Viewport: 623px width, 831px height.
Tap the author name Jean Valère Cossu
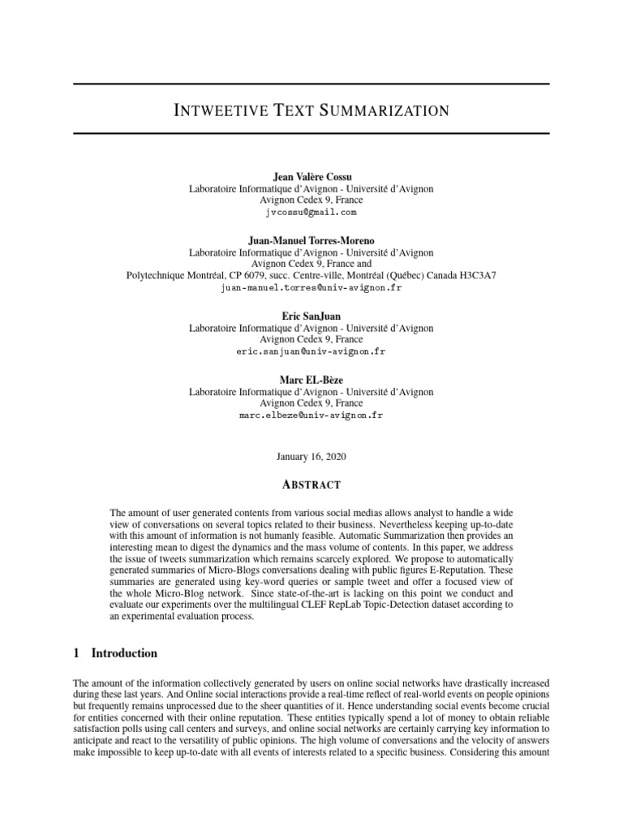click(311, 176)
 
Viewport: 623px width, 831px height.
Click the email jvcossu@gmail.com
click(311, 212)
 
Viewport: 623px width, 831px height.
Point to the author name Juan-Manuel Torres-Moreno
click(311, 240)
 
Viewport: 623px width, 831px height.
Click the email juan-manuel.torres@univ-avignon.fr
click(311, 287)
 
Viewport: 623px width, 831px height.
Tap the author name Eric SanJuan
click(311, 316)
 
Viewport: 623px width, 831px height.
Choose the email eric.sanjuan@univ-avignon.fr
click(311, 351)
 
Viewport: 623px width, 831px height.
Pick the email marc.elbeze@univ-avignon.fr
click(311, 415)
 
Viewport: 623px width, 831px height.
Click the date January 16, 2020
click(311, 457)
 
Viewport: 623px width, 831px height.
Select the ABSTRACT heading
click(311, 485)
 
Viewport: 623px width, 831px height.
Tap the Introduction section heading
click(124, 653)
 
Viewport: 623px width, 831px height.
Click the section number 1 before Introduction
click(76, 653)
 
